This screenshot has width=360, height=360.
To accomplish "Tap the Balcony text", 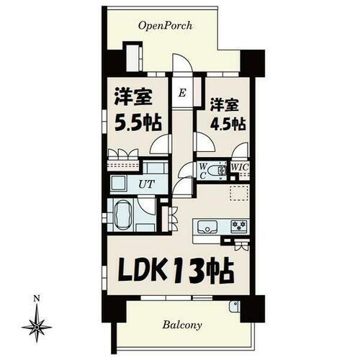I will pos(181,324).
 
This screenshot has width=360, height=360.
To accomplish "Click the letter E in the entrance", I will pos(182,93).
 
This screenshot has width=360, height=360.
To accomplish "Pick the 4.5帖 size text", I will pos(223,122).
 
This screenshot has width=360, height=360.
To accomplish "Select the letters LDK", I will pos(138,271).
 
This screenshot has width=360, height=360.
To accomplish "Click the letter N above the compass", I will pos(35,297).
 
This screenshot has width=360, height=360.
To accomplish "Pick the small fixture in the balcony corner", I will pos(234,307).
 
